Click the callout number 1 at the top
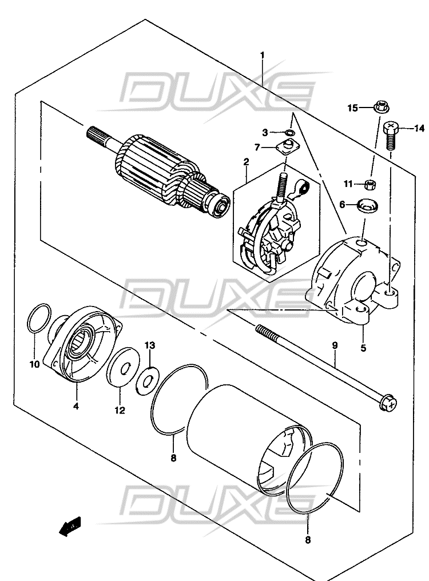[x=263, y=55]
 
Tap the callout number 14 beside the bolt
[x=419, y=128]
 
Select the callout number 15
[x=352, y=108]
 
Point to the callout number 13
[x=150, y=345]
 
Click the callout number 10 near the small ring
[x=34, y=365]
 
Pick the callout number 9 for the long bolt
[x=335, y=345]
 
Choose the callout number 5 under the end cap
[x=363, y=348]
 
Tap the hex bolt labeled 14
[x=391, y=136]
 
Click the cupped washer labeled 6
[x=367, y=205]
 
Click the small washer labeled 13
[x=148, y=380]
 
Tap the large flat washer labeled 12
[x=122, y=367]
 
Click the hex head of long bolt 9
[x=388, y=404]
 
